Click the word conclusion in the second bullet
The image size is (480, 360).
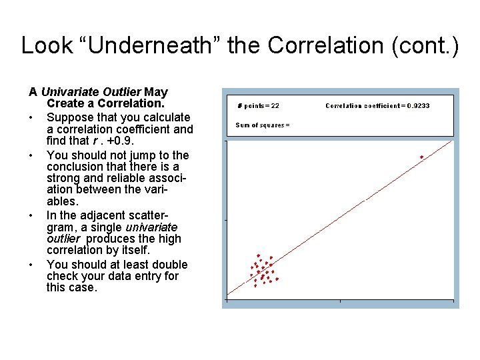coord(77,166)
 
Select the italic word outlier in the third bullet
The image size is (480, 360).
coord(63,239)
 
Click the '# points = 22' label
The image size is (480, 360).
coord(259,105)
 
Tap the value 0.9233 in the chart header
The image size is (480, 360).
coord(418,105)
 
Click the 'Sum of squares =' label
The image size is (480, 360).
coord(262,125)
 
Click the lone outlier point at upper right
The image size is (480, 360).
coord(421,157)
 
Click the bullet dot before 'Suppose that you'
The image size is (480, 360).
coord(31,118)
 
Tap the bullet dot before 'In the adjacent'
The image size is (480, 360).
coord(31,216)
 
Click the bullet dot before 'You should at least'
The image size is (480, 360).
coord(31,265)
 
